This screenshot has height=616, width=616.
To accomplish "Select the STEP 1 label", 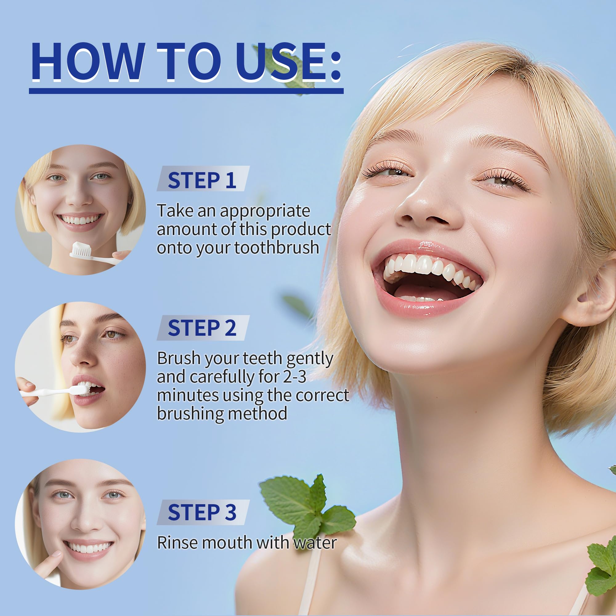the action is (x=202, y=180).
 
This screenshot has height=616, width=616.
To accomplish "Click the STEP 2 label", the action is (x=202, y=328).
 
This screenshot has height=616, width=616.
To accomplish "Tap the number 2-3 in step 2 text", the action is (x=295, y=377).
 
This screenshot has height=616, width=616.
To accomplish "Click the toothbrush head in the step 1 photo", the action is (x=81, y=250).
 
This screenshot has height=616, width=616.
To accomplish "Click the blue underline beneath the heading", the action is (x=186, y=91).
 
